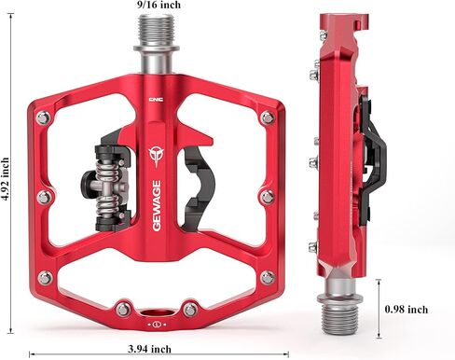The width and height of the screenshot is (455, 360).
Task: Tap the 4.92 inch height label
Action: pos(5,179)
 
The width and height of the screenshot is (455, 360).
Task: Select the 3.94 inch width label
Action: pos(149,349)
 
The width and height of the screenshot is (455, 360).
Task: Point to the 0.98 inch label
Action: pos(407,310)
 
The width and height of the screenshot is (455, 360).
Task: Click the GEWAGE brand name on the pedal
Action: pos(157,206)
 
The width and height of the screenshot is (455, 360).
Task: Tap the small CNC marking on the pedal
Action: pos(156,100)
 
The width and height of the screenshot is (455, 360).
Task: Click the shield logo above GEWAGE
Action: pos(156,157)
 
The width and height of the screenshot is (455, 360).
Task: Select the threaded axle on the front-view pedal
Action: pos(157,30)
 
